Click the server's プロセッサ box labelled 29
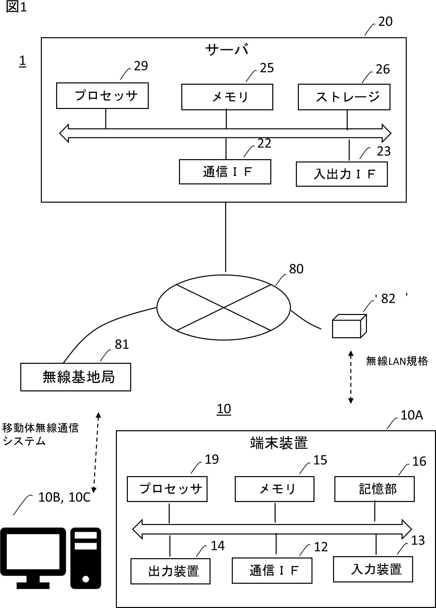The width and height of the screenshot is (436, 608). pyautogui.click(x=102, y=96)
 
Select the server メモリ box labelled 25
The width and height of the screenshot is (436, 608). pyautogui.click(x=227, y=97)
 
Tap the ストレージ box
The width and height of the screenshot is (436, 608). pyautogui.click(x=344, y=97)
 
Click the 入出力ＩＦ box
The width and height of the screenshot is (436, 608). pyautogui.click(x=342, y=174)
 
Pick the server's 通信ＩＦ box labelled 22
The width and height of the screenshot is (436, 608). pyautogui.click(x=225, y=172)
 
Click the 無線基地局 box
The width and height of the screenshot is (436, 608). pyautogui.click(x=76, y=377)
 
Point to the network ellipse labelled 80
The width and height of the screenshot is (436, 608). pyautogui.click(x=223, y=308)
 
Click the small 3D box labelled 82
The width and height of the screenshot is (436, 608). pyautogui.click(x=349, y=326)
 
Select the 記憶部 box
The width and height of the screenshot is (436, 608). pyautogui.click(x=374, y=489)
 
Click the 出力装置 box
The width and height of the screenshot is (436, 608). pyautogui.click(x=170, y=571)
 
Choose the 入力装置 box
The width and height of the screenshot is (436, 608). pyautogui.click(x=373, y=569)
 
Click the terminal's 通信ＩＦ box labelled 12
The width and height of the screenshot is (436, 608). pyautogui.click(x=272, y=570)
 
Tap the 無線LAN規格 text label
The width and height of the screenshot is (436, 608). pyautogui.click(x=397, y=361)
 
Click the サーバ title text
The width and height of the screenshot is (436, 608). pyautogui.click(x=227, y=50)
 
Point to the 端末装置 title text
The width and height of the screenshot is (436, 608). pyautogui.click(x=279, y=443)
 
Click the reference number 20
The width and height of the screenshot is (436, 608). pyautogui.click(x=385, y=22)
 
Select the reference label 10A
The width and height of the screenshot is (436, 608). pyautogui.click(x=411, y=415)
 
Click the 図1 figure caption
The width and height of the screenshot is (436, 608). pyautogui.click(x=16, y=7)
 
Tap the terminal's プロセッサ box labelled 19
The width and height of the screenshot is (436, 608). pyautogui.click(x=167, y=489)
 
